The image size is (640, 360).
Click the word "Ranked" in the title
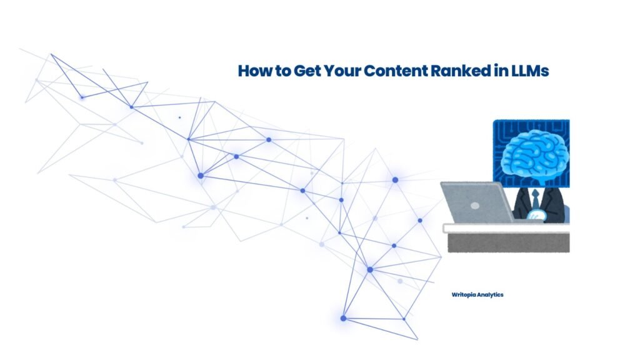(x=461, y=71)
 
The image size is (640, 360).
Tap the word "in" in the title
(x=501, y=70)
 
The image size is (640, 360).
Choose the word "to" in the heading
(x=282, y=71)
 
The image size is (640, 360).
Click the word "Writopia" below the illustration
(x=464, y=295)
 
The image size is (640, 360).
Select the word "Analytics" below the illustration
(x=490, y=295)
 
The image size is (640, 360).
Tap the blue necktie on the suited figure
(x=535, y=199)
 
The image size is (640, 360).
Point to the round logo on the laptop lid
(x=475, y=206)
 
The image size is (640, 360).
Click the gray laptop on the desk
(x=477, y=202)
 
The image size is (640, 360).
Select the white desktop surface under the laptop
(x=506, y=228)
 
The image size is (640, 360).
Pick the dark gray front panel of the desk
(x=509, y=242)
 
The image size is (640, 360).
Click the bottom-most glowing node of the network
(x=343, y=318)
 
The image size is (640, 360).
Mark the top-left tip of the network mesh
(x=51, y=54)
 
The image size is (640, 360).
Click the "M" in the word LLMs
(x=534, y=71)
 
